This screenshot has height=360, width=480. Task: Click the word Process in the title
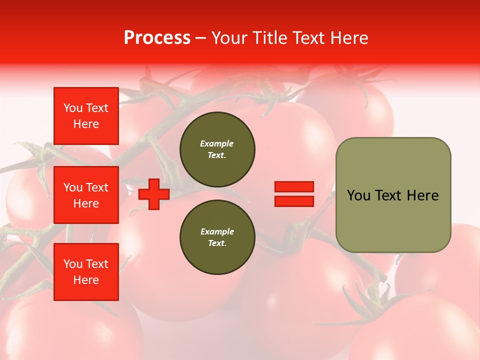(x=157, y=38)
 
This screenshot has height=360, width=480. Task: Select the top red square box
(x=86, y=116)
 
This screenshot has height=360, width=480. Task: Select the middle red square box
(x=86, y=195)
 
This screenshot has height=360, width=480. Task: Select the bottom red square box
(x=86, y=272)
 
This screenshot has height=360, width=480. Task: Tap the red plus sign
(x=154, y=194)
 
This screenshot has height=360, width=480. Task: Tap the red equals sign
(x=294, y=194)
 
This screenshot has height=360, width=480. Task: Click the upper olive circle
(x=217, y=149)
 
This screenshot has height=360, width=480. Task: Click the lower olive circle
(x=217, y=237)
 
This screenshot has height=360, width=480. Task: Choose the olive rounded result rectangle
(x=393, y=195)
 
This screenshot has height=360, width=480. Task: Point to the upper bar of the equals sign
(x=294, y=187)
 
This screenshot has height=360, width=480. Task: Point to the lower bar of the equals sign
(x=294, y=201)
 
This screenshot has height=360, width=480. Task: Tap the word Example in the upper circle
(x=216, y=144)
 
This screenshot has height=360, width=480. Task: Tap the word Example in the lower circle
(x=217, y=232)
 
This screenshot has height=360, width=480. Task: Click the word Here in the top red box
(x=86, y=124)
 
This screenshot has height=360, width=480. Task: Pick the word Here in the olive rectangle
(x=422, y=195)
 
